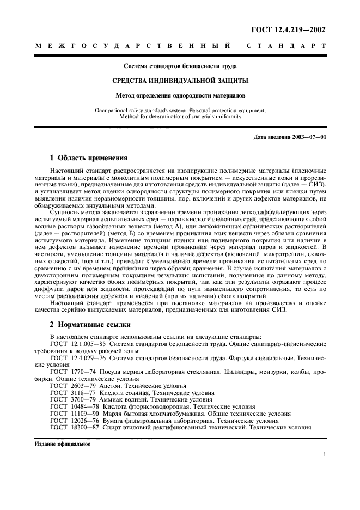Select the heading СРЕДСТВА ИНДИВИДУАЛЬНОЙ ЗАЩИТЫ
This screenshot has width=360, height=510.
point(180,80)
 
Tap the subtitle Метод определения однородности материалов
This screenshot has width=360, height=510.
point(180,94)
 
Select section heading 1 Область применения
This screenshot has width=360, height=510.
point(88,158)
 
